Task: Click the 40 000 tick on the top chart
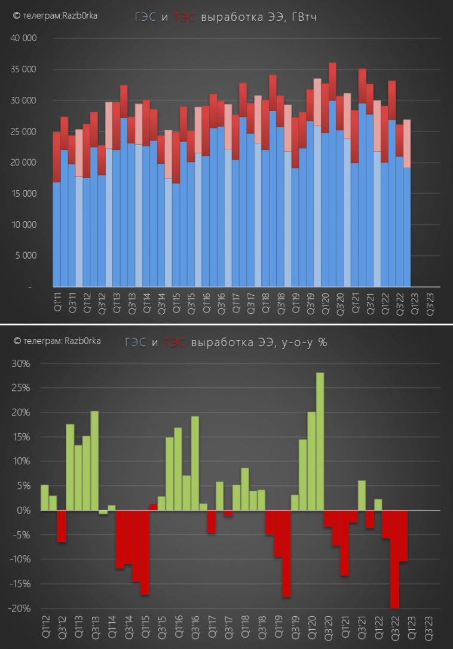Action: point(25,38)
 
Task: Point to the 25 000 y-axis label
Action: point(25,131)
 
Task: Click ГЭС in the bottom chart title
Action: point(136,342)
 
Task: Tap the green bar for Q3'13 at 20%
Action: point(94,461)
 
